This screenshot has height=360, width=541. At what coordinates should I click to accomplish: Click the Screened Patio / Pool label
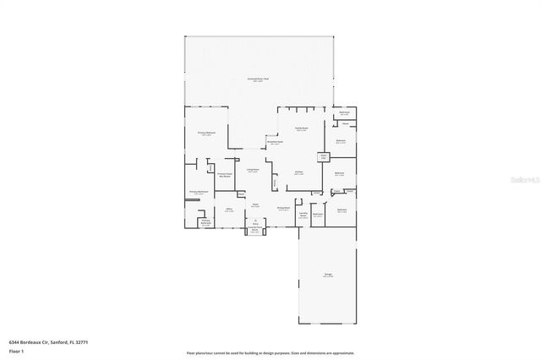tap(259, 79)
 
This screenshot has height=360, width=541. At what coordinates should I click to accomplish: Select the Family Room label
tap(301, 128)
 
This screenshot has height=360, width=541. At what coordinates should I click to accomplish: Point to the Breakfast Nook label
tap(276, 142)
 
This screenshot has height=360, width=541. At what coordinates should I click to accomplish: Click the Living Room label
tap(253, 170)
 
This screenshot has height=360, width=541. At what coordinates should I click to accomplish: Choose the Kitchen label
tap(298, 172)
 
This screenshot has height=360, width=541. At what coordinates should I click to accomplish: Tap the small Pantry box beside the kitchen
tap(323, 156)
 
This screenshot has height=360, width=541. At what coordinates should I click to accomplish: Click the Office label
tap(228, 210)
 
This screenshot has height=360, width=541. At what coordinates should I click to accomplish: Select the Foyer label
tap(254, 205)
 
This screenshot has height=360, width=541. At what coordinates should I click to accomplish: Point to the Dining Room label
tap(283, 208)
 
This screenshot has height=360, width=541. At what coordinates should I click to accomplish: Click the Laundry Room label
tap(303, 215)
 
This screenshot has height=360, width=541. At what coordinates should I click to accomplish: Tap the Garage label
tap(328, 275)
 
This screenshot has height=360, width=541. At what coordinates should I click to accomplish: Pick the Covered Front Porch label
tap(254, 231)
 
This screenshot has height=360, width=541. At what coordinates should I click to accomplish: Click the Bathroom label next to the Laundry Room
tap(318, 215)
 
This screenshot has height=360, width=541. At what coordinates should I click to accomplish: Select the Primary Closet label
tap(225, 175)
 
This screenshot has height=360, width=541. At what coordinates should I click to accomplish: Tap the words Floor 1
tap(17, 349)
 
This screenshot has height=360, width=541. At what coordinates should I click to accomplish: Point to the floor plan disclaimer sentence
tap(270, 352)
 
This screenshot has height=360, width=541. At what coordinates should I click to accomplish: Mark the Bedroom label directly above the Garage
tap(342, 210)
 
